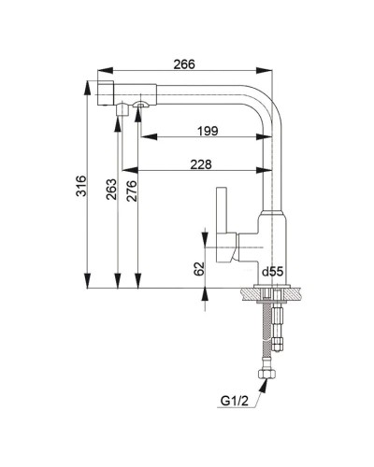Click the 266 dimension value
184,64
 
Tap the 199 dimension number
208,131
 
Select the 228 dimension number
201,164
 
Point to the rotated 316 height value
81,186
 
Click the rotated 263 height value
111,189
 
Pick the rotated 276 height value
132,191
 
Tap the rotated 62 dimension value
199,268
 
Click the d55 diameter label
272,272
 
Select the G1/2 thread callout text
235,401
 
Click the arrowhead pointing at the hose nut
264,386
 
